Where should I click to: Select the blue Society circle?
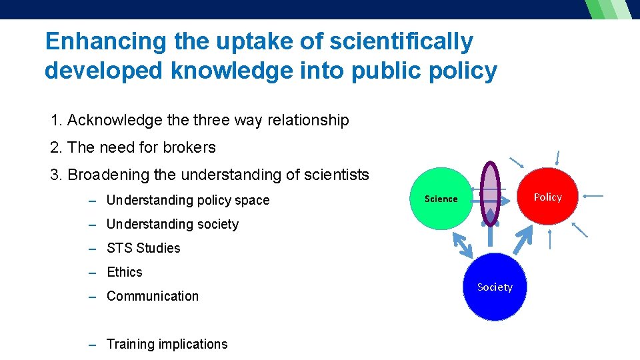495,287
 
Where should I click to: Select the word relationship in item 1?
308,120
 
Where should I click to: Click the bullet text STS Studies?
143,248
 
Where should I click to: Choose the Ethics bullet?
125,272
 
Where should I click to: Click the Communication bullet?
153,296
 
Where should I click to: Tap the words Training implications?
167,344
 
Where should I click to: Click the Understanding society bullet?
172,224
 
